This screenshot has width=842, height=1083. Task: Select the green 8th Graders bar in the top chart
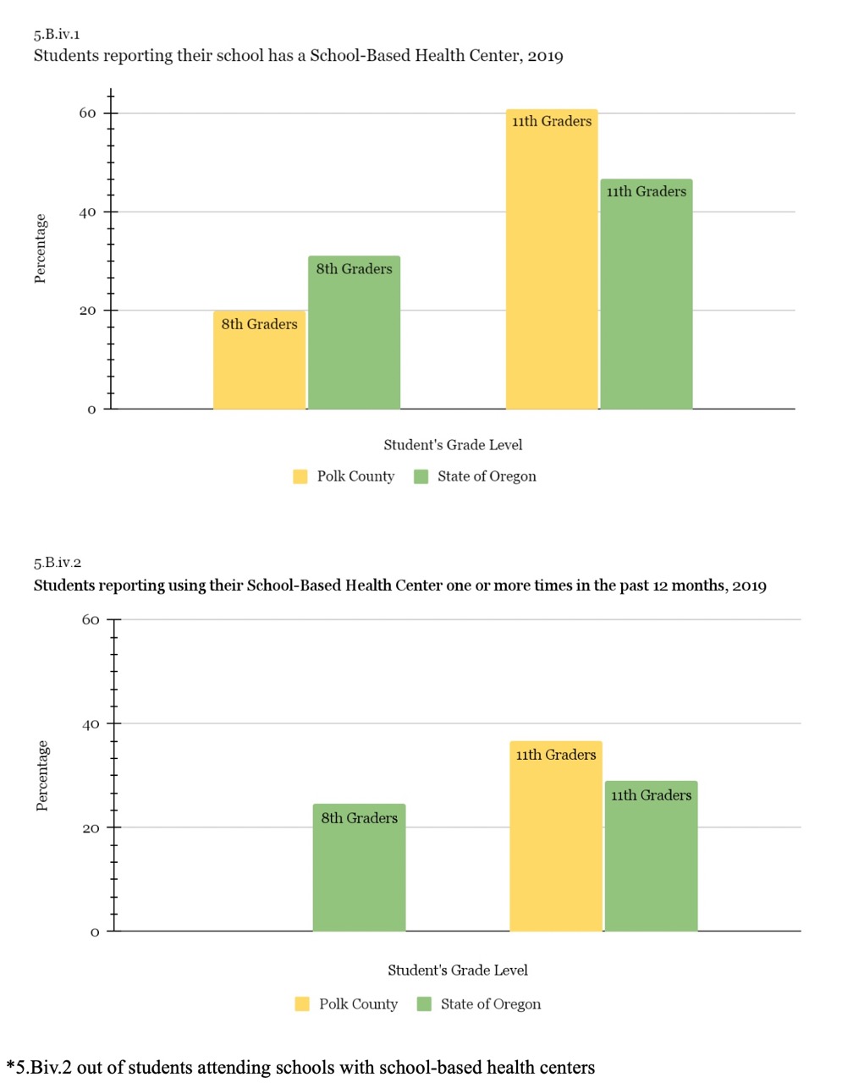[x=354, y=333]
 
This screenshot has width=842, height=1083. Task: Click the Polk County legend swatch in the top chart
[x=300, y=476]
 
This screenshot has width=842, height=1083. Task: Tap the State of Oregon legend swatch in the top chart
[x=421, y=476]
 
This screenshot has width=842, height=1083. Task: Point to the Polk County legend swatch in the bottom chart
[x=302, y=1004]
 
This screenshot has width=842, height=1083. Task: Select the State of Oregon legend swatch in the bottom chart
[x=424, y=1004]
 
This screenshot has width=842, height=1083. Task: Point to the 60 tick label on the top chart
[x=88, y=113]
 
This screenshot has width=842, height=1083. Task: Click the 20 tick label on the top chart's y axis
[x=88, y=311]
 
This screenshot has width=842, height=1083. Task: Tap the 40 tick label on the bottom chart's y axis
[x=91, y=724]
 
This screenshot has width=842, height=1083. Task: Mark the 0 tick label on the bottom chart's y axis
[x=95, y=932]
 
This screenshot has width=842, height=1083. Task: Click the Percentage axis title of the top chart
[x=41, y=249]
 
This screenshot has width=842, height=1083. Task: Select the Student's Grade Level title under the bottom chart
[x=458, y=970]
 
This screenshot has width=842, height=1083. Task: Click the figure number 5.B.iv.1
[x=57, y=35]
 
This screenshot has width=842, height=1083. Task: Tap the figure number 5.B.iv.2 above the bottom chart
[x=58, y=563]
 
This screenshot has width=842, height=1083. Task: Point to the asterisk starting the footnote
[x=10, y=1065]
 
